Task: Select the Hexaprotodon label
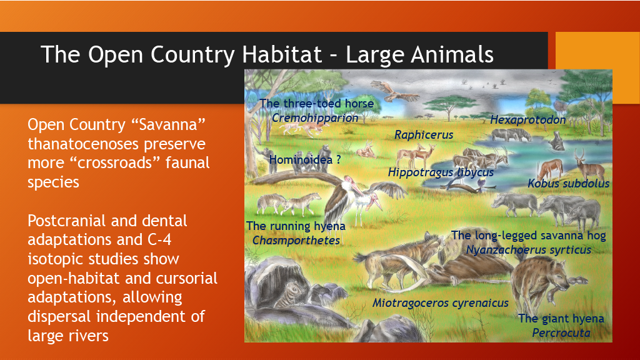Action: tap(527, 119)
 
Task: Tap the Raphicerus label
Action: tap(424, 135)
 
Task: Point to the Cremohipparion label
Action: tap(315, 118)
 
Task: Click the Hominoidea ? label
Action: tap(305, 159)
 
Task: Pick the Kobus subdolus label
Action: tap(569, 183)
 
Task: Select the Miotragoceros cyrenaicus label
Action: tap(441, 303)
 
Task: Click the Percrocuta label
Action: tap(561, 333)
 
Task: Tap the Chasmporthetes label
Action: tap(296, 241)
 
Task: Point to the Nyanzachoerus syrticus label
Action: tap(529, 250)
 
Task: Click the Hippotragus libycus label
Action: tap(441, 172)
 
